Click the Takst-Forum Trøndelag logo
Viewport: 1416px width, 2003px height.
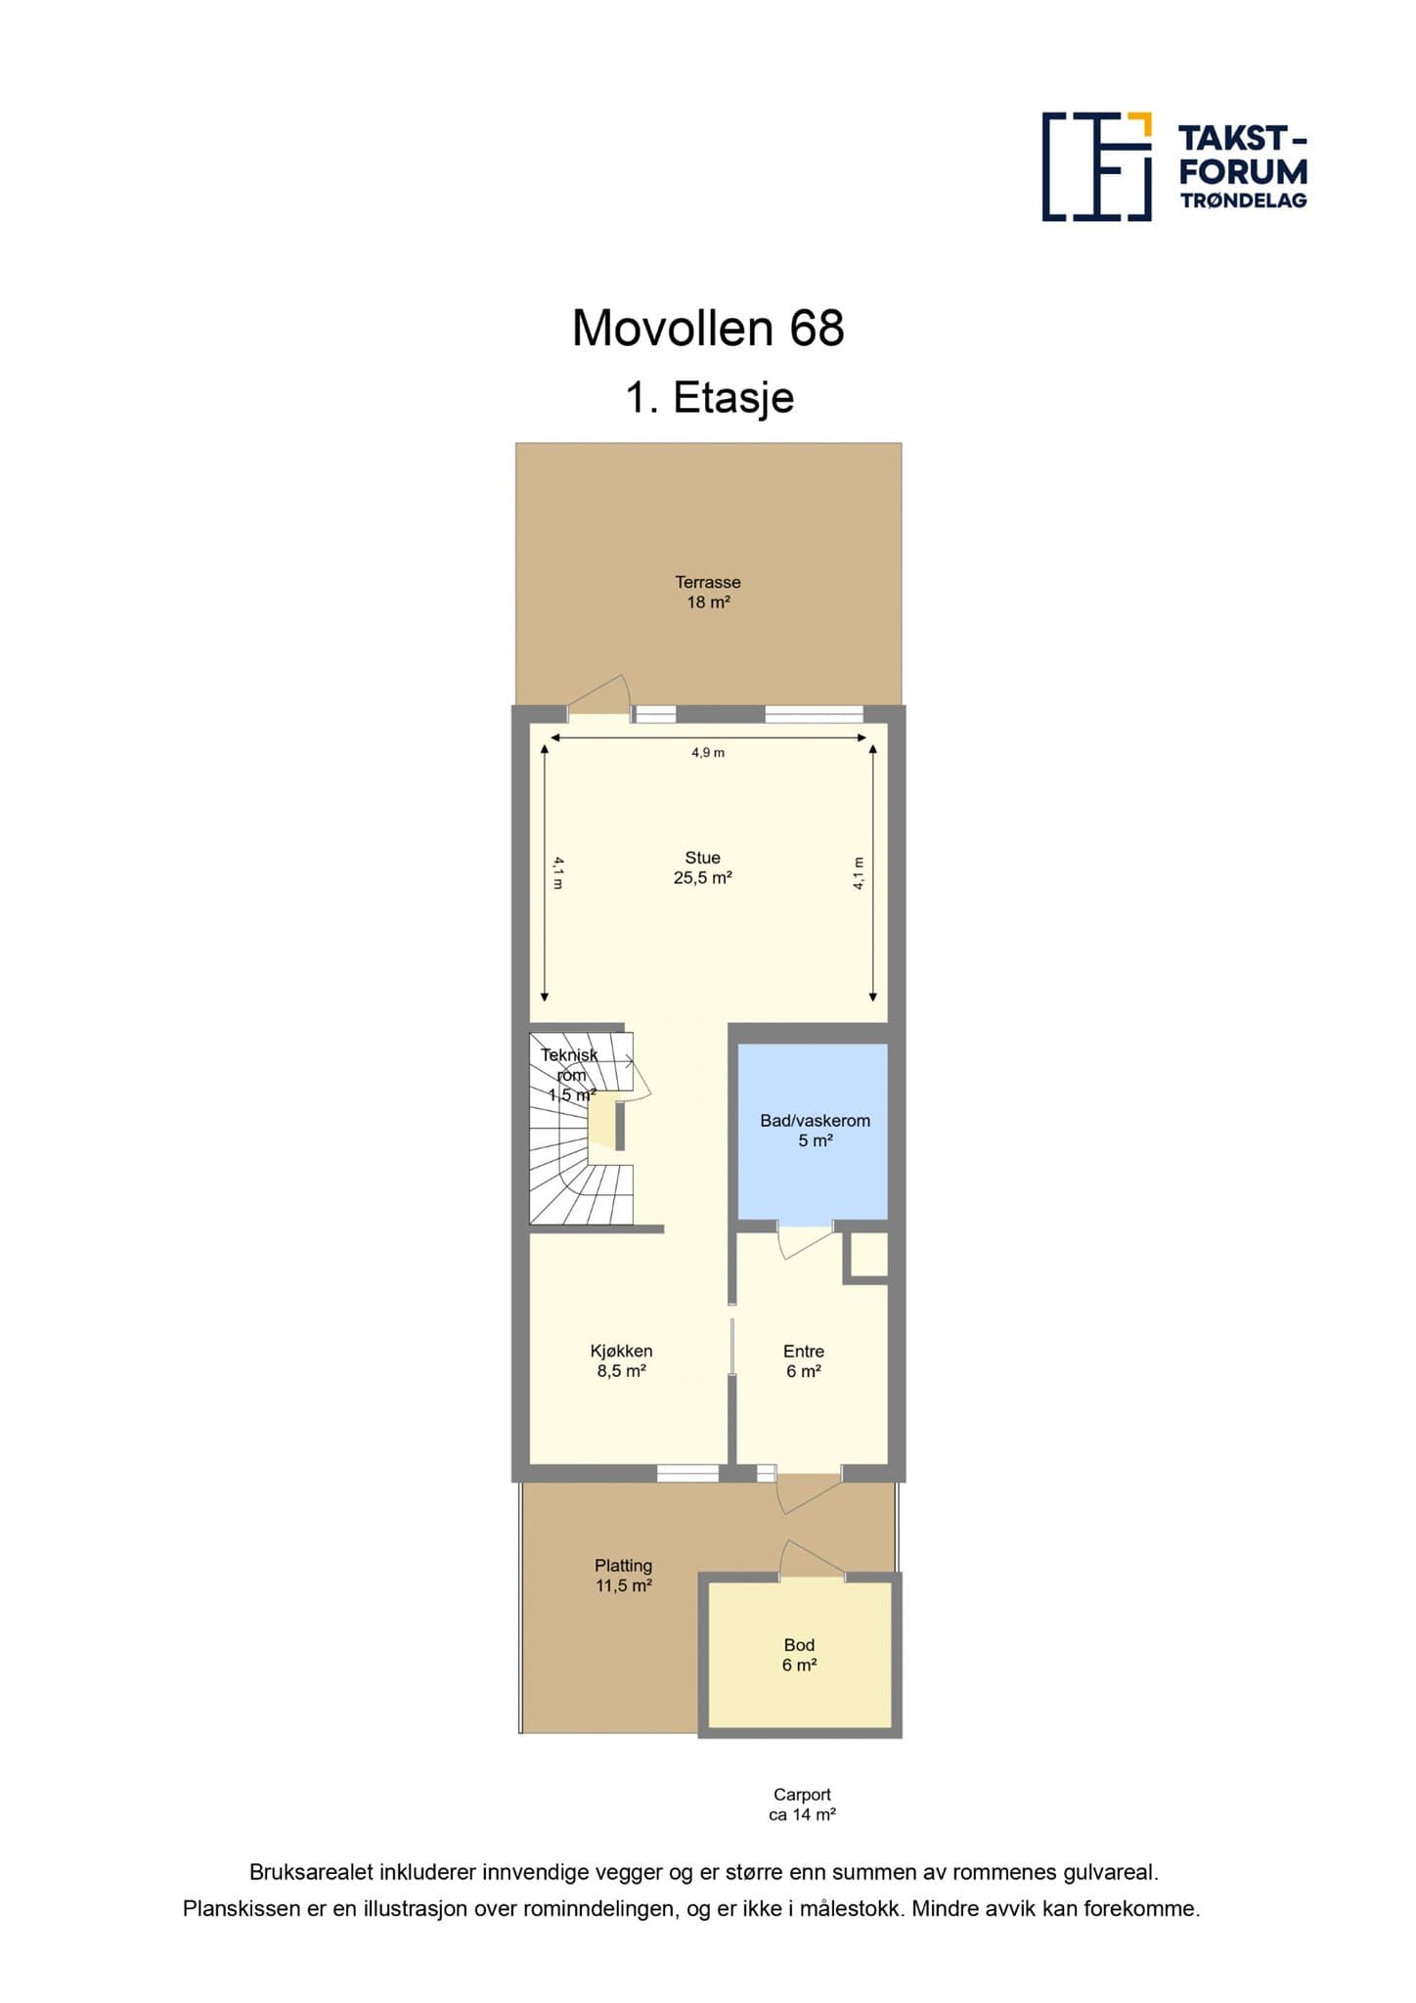coord(1174,166)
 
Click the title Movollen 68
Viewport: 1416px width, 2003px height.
coord(708,329)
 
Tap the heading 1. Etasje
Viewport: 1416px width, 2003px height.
coord(709,397)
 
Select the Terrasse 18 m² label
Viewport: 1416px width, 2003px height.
coord(708,592)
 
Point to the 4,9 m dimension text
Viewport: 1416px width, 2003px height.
coord(708,753)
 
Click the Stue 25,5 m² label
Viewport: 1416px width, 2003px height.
coord(702,868)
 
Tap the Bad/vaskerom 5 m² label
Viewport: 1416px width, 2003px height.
coord(815,1131)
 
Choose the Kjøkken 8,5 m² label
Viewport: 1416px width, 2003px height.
coord(621,1360)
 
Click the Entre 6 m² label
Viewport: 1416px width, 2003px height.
coord(803,1361)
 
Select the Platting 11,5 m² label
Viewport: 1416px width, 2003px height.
coord(623,1576)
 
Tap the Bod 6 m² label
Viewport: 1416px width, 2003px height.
coord(799,1655)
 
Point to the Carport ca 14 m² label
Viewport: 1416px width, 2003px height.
coord(802,1804)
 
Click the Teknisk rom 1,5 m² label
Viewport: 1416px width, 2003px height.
coord(570,1075)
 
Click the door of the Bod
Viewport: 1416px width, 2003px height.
coord(812,1559)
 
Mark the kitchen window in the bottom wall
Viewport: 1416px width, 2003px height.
coord(687,1472)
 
